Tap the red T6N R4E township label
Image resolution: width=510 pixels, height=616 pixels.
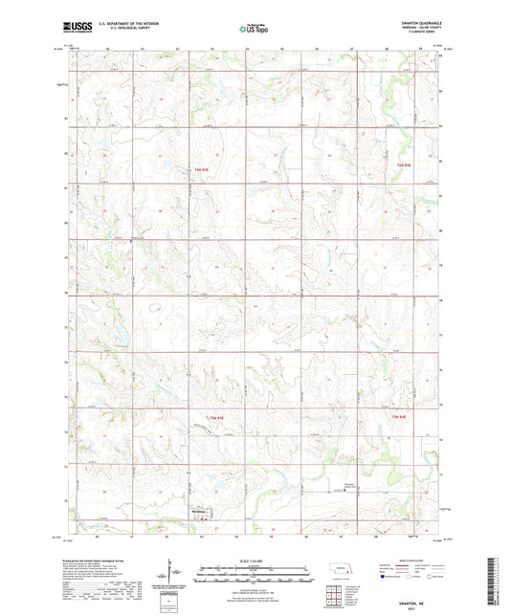[403, 167]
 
